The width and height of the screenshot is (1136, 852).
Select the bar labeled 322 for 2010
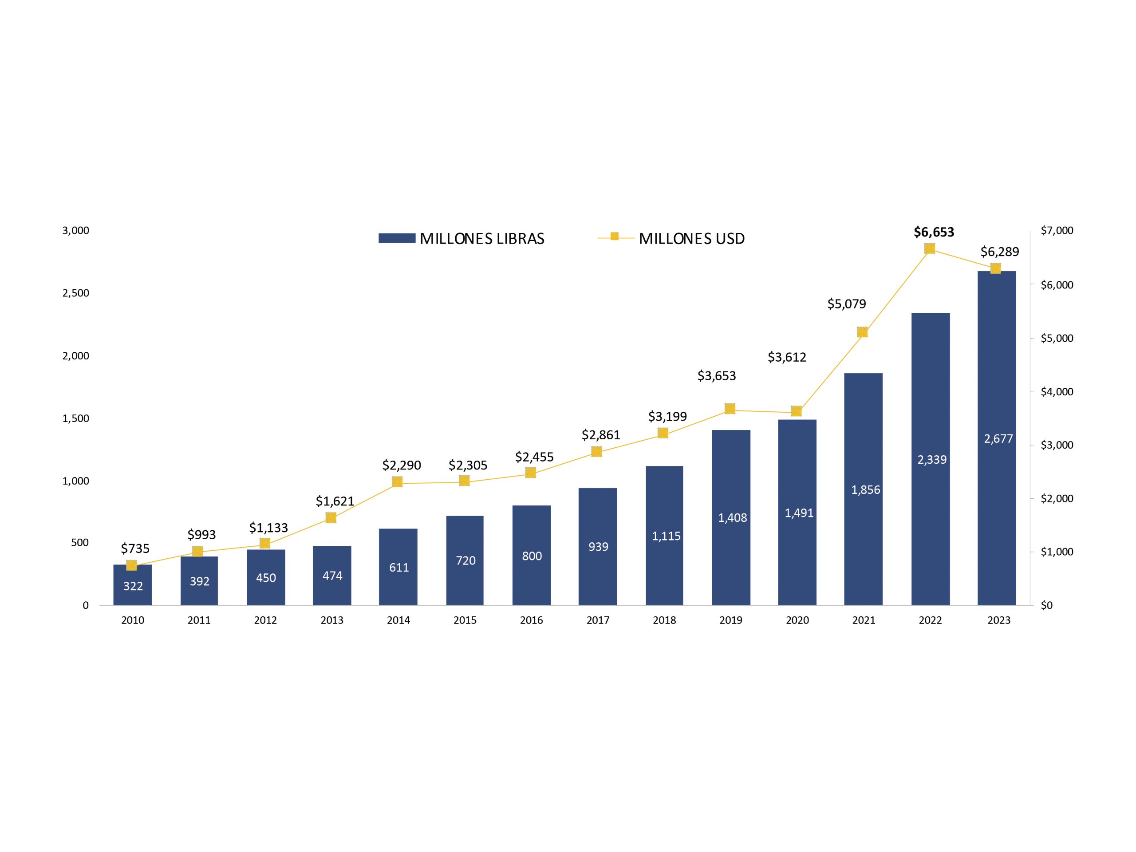point(133,585)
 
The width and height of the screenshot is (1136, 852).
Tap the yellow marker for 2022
point(930,248)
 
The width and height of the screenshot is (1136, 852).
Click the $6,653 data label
point(934,232)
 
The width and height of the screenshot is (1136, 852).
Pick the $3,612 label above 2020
point(787,357)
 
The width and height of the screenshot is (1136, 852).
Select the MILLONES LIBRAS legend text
point(482,239)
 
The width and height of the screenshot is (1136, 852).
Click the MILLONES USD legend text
point(691,239)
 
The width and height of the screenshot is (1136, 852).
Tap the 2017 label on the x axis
point(598,620)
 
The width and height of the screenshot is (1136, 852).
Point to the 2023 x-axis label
point(998,620)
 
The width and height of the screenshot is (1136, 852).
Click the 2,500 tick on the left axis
point(75,293)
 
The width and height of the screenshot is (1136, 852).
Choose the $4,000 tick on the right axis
point(1057,392)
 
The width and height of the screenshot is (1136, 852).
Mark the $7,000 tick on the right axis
point(1057,231)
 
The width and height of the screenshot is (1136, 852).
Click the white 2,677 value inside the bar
point(998,438)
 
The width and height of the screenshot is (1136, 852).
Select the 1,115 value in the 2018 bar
point(666,536)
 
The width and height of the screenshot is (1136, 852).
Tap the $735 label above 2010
point(135,548)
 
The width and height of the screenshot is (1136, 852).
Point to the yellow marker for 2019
point(730,409)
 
